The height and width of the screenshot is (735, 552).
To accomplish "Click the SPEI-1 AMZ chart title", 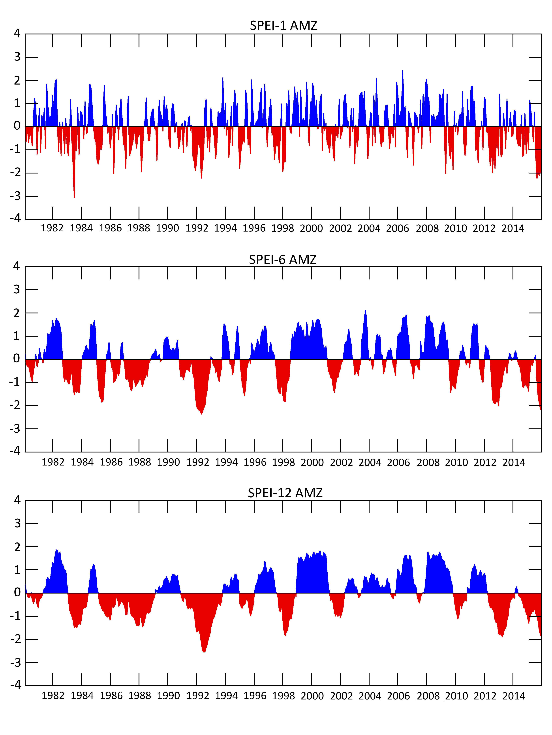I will click(283, 26).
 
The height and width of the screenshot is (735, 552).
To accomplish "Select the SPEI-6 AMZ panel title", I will click(283, 260).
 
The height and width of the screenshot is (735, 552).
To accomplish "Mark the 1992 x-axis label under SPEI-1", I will click(197, 228).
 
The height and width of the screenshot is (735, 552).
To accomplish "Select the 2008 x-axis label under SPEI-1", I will click(427, 228).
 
